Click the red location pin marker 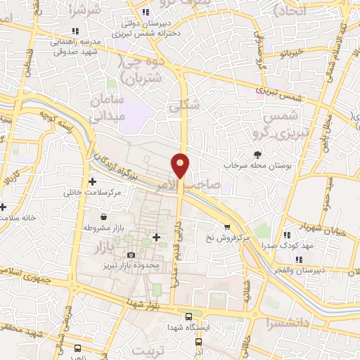pos(181,165)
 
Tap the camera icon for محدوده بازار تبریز pos(131,255)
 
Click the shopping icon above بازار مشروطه pos(104,217)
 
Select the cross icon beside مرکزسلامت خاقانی pos(92,181)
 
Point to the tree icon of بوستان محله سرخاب pos(258,154)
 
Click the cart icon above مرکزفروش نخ pos(227,226)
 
